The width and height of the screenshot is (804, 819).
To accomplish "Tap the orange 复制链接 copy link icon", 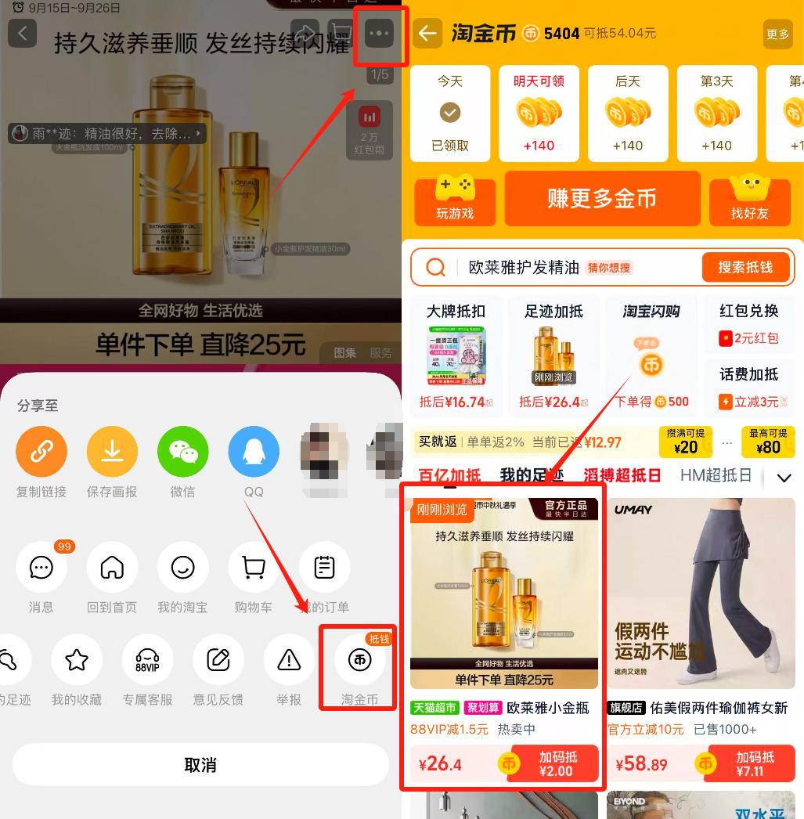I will click(x=41, y=452).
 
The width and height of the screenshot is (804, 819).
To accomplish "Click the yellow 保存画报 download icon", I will click(x=112, y=452).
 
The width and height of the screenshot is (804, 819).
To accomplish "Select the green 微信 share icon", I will click(x=182, y=452).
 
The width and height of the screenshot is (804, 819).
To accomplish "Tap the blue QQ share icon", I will click(x=253, y=452).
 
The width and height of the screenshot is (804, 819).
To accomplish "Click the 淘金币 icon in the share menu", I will click(x=359, y=659).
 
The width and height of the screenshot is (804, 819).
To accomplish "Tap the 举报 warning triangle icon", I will click(x=289, y=659).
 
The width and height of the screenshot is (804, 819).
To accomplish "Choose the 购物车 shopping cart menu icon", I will click(x=253, y=567).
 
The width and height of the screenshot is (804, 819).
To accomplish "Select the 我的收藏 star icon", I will click(x=77, y=659).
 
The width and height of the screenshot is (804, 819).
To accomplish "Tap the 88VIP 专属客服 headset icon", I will click(x=147, y=659).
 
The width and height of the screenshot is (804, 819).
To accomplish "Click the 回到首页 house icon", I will click(x=112, y=567).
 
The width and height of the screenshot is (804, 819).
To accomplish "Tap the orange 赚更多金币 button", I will click(x=601, y=199).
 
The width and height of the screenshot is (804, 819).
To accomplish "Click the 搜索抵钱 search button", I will click(x=745, y=268).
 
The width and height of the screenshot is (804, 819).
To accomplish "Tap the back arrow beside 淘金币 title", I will click(x=427, y=34).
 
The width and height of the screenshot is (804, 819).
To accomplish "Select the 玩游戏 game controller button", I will click(x=455, y=200).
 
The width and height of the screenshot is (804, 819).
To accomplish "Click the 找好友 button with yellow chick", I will click(x=749, y=200).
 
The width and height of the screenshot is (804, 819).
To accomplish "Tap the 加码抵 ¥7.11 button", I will click(x=754, y=764).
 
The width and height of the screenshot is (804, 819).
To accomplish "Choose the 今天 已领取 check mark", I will click(x=450, y=114).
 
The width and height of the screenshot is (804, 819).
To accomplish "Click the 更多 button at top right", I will click(x=777, y=34).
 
